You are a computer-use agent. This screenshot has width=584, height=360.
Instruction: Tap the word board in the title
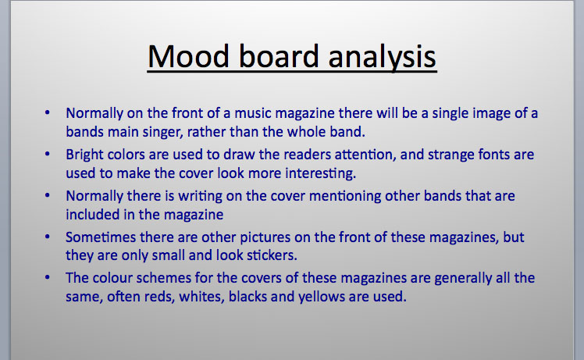click(x=274, y=58)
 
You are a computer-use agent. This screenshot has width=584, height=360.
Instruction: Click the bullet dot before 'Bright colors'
click(x=48, y=155)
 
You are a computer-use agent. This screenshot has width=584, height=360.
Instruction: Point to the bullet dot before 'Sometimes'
click(x=48, y=236)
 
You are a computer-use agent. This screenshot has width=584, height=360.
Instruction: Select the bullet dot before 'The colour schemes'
click(x=48, y=277)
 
